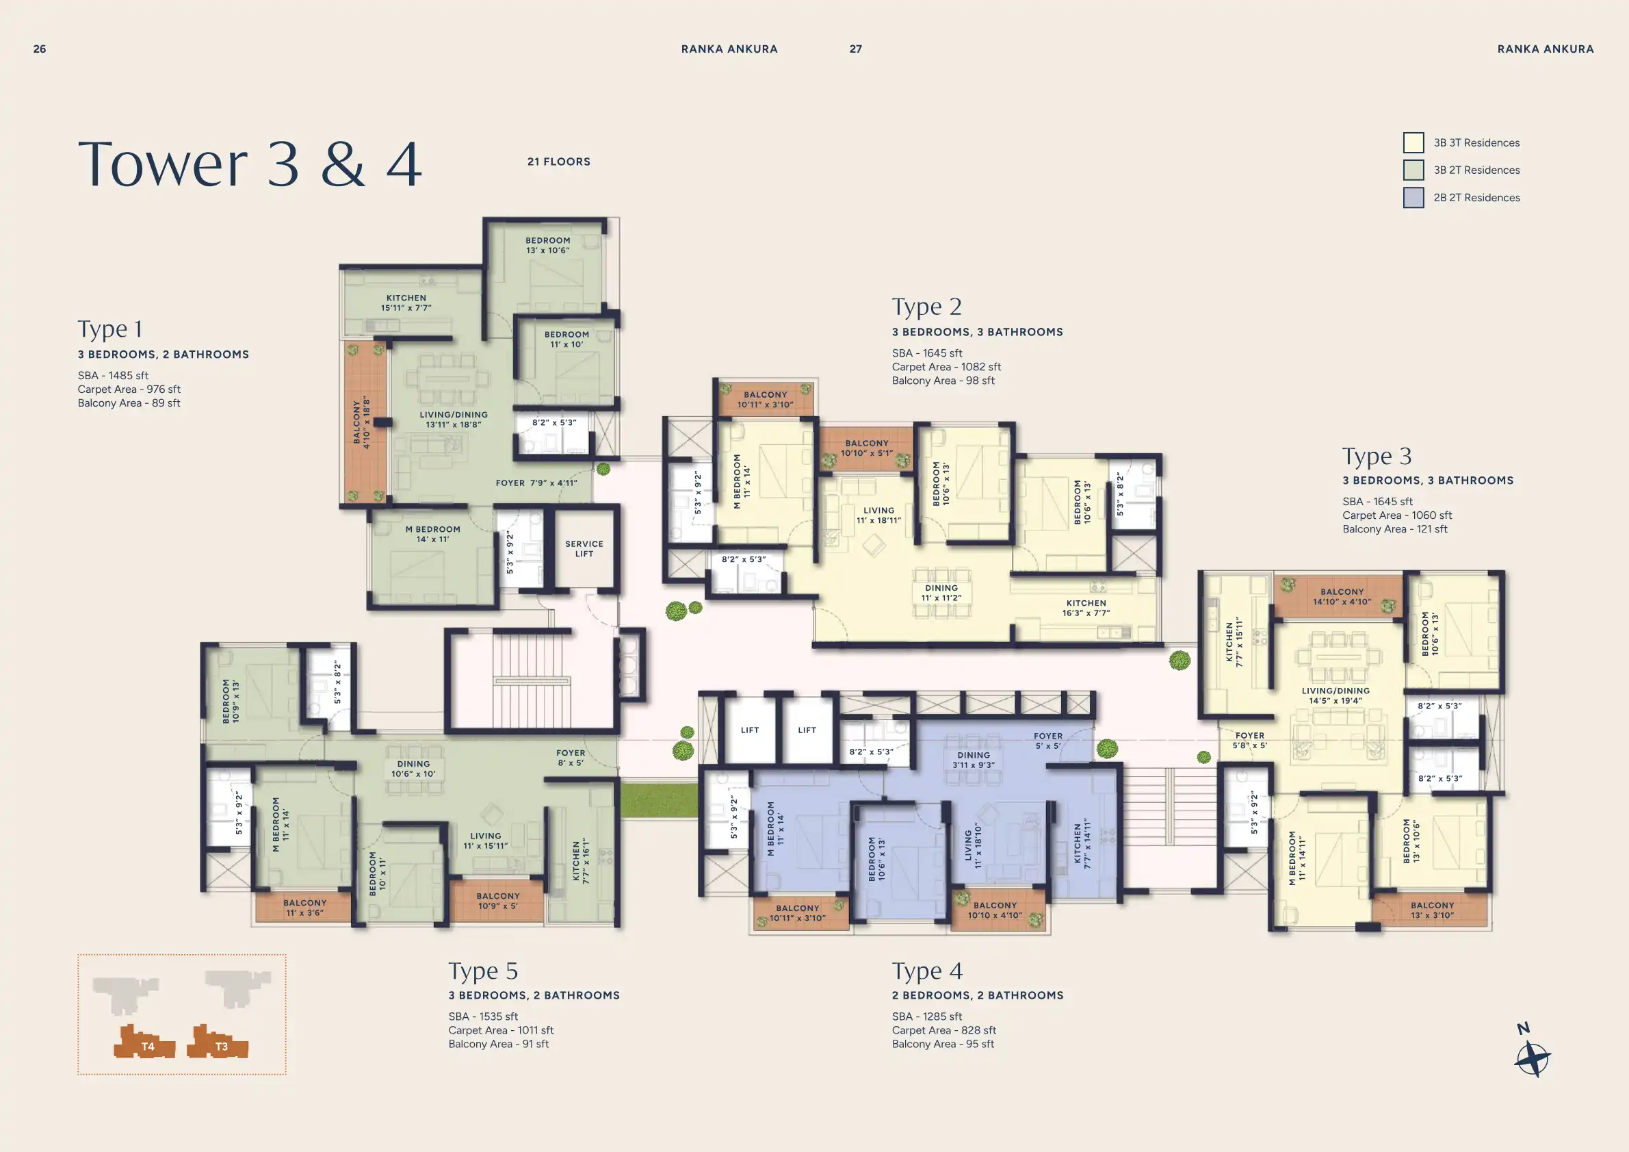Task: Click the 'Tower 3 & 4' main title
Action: click(x=250, y=164)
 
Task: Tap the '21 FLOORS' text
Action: click(x=558, y=162)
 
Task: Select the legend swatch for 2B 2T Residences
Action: click(x=1413, y=197)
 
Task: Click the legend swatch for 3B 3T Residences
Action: click(x=1413, y=142)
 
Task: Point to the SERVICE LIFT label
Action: click(x=584, y=549)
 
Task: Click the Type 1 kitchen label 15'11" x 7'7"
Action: click(x=406, y=303)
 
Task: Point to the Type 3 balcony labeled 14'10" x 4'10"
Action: click(x=1342, y=596)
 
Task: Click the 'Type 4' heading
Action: click(x=926, y=971)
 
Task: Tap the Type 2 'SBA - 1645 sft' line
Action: click(x=926, y=353)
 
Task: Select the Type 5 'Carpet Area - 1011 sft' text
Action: click(x=500, y=1030)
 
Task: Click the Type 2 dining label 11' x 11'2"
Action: click(x=941, y=593)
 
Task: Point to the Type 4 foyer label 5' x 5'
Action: click(x=1048, y=741)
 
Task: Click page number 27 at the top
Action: click(x=856, y=49)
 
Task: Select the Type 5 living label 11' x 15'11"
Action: click(x=485, y=841)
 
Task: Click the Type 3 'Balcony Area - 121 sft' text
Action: click(x=1394, y=529)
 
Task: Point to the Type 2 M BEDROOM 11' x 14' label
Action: click(x=741, y=481)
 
